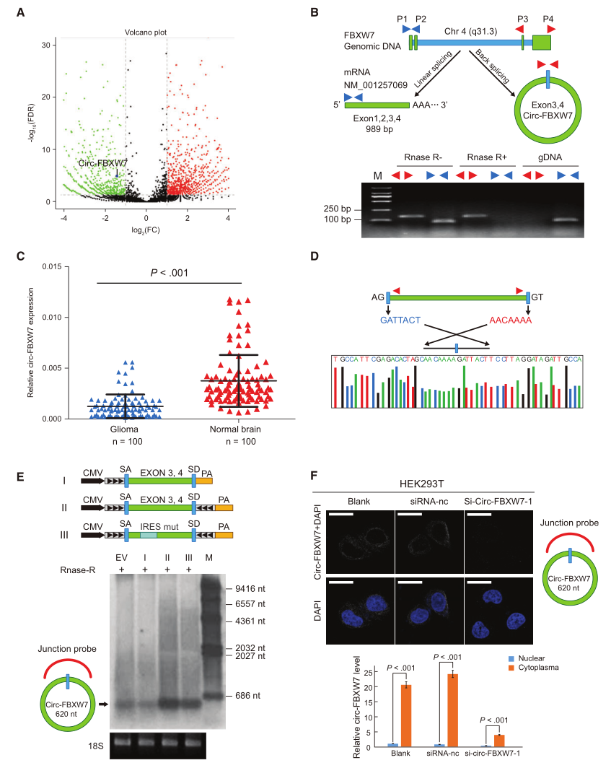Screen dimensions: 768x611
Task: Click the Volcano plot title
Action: tap(146, 32)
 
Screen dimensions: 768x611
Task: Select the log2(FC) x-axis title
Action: tap(146, 229)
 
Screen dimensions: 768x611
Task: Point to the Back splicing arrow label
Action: tap(493, 66)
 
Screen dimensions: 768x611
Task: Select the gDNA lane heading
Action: tap(550, 158)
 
